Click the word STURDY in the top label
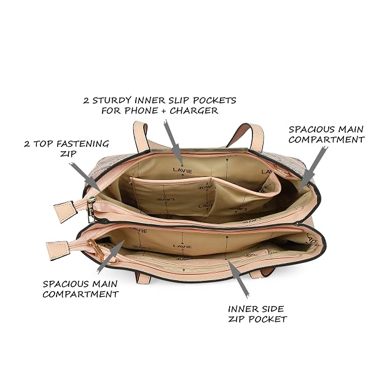click(x=112, y=100)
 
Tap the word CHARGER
click(x=194, y=111)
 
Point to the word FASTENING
click(x=82, y=144)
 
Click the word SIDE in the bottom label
click(x=272, y=309)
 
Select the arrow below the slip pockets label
click(x=174, y=143)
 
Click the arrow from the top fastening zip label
click(x=85, y=178)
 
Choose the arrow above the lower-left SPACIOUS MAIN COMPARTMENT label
click(x=111, y=256)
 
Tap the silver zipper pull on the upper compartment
click(x=91, y=210)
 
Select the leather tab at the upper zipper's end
click(x=65, y=211)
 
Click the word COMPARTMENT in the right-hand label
click(x=327, y=139)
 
